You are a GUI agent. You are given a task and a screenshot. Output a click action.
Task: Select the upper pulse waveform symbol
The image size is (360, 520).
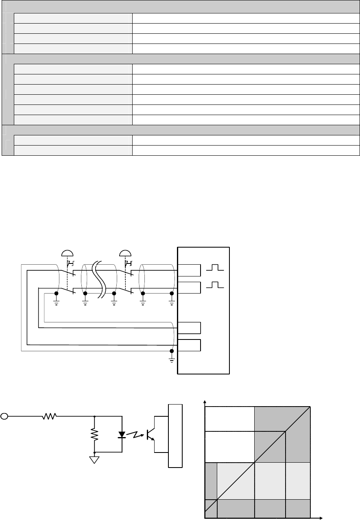pos(214,268)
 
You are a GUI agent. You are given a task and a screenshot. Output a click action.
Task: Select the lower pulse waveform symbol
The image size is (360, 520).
pos(214,285)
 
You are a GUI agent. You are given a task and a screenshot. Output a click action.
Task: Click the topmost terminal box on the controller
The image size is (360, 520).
pos(190,270)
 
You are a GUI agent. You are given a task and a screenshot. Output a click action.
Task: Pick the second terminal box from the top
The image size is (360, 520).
pos(190,287)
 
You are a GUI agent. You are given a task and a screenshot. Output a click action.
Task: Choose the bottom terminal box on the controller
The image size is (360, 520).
pos(190,345)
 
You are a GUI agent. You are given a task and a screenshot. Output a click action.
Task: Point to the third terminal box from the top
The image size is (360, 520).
pos(190,328)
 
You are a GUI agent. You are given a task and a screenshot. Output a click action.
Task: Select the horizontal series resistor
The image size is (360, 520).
pos(50,416)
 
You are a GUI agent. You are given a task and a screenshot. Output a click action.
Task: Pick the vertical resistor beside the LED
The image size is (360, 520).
pos(94,435)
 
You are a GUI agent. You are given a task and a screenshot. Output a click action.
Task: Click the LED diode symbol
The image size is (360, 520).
pos(122,435)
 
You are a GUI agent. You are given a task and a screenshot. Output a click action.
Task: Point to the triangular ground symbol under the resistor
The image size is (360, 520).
pos(94,460)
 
